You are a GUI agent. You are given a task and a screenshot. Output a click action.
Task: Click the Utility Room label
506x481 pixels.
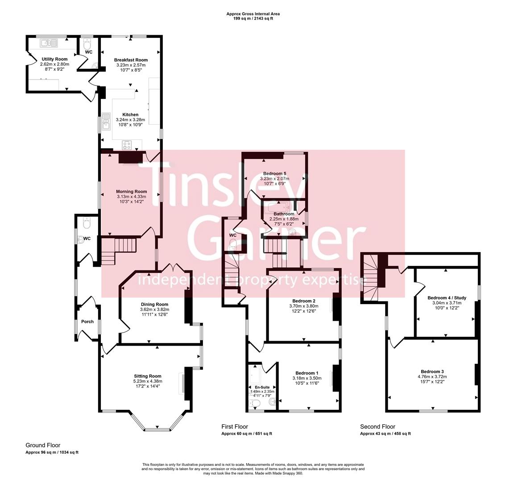(x=54, y=59)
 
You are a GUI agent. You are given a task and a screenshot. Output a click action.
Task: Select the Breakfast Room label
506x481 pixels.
(x=131, y=60)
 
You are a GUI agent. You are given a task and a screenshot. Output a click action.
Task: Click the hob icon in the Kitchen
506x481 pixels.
(x=127, y=145)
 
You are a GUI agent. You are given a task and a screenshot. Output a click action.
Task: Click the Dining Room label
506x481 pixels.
(x=154, y=304)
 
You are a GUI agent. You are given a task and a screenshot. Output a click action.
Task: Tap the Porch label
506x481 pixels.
(x=87, y=322)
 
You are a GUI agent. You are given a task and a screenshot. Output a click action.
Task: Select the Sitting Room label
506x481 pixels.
(x=147, y=376)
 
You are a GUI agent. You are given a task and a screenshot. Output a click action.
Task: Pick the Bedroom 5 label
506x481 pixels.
(x=274, y=173)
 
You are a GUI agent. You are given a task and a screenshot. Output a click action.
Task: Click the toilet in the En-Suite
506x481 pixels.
(x=255, y=404)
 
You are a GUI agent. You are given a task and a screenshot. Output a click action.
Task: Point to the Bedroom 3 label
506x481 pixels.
(x=432, y=371)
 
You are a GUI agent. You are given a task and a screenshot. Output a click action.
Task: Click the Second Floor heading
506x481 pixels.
(x=377, y=427)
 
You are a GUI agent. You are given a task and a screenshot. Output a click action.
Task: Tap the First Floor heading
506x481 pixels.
(x=235, y=427)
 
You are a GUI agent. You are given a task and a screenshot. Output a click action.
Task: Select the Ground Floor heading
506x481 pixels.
(x=43, y=445)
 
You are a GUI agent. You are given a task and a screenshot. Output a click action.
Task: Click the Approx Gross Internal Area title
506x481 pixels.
(x=253, y=14)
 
